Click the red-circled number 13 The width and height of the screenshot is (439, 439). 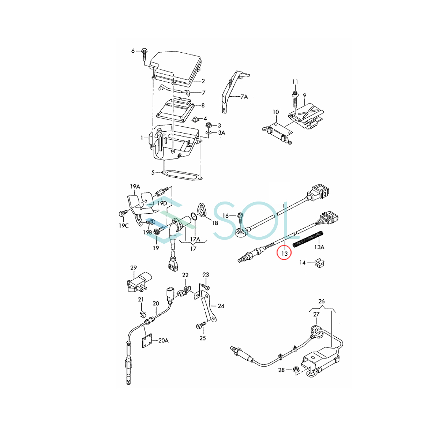tap(285, 253)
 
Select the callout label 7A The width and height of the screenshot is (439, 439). tap(244, 97)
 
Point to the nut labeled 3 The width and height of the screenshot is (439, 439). tap(208, 125)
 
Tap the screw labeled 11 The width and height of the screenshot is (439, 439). tap(295, 100)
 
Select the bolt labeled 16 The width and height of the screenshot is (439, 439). tap(240, 218)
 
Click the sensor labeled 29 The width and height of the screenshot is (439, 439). tap(136, 284)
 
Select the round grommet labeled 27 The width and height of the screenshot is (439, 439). tap(317, 333)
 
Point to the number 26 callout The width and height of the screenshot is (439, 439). tap(322, 301)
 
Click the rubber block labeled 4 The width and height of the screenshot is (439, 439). tap(196, 119)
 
